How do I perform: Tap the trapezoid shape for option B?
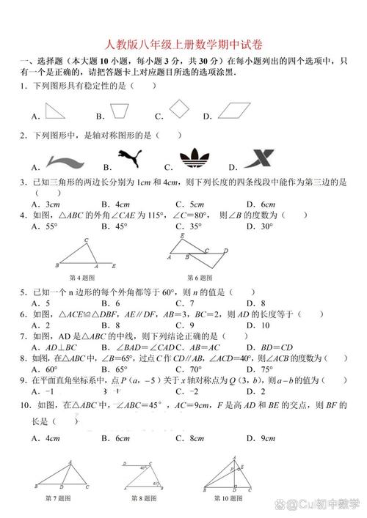pos(118,111)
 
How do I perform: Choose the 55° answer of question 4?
pos(48,226)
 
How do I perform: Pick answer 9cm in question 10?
pos(252,438)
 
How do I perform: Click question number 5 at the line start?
pos(24,292)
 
